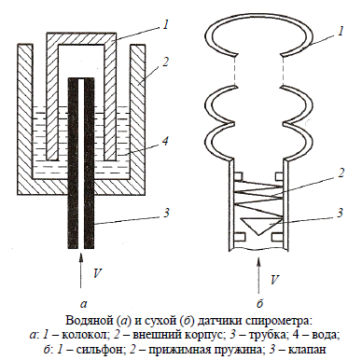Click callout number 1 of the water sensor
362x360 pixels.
(166, 24)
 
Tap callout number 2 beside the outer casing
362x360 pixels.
(166, 62)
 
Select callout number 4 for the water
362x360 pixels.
(165, 141)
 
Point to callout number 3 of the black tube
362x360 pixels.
(166, 213)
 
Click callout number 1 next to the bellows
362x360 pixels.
(341, 31)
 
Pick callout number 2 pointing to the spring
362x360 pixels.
(341, 173)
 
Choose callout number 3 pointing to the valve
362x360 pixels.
(341, 213)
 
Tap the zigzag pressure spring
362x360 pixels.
(258, 199)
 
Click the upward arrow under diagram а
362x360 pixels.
(81, 270)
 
